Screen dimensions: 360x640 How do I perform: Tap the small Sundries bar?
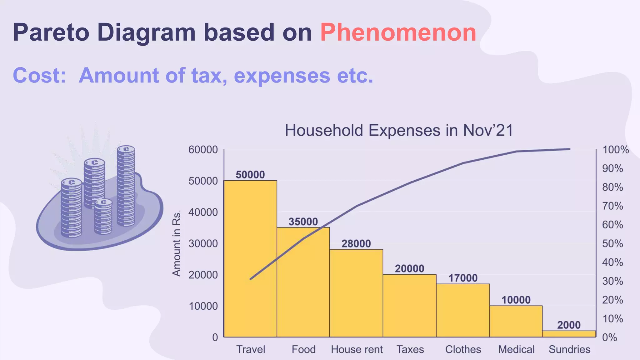click(569, 334)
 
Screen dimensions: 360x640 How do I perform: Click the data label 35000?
click(303, 222)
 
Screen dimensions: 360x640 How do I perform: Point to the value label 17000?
click(463, 278)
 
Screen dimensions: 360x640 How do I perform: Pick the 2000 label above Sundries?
click(569, 325)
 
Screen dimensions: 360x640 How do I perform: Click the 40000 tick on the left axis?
click(203, 212)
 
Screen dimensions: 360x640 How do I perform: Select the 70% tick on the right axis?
click(612, 206)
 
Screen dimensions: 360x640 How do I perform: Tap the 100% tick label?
click(615, 150)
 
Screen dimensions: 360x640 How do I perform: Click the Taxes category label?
click(410, 349)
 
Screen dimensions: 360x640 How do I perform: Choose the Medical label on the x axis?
click(516, 349)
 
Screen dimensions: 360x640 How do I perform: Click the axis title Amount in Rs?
click(177, 244)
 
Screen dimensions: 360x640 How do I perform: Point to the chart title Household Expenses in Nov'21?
click(399, 130)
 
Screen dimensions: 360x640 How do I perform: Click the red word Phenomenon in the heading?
click(398, 32)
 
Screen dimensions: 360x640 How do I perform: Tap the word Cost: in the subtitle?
click(39, 76)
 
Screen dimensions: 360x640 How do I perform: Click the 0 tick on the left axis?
click(215, 337)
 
